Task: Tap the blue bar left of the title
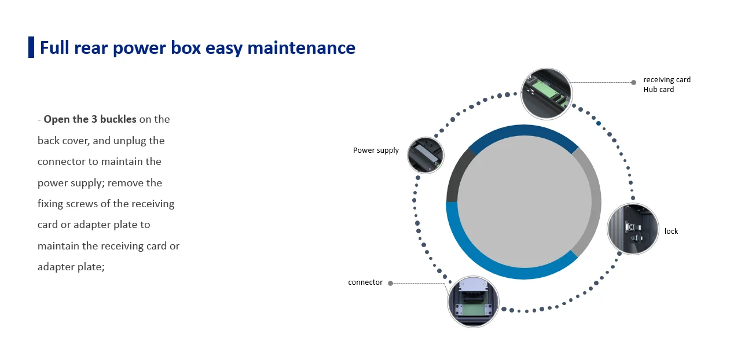coord(31,47)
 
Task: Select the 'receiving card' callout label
coord(667,80)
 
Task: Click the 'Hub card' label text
coord(658,90)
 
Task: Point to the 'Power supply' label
coord(376,150)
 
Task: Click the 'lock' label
coord(671,232)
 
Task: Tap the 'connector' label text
coord(365,282)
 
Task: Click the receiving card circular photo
coord(546,94)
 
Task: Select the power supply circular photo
coord(425,155)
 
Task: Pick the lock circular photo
coord(633,229)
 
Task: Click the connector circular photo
coord(474,301)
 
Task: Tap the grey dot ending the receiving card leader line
coord(633,82)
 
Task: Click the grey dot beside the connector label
coord(390,283)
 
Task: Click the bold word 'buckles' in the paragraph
coord(118,119)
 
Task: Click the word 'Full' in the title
coord(54,47)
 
